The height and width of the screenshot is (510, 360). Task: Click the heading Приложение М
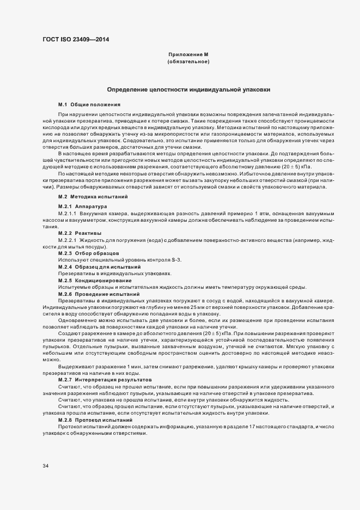(x=188, y=55)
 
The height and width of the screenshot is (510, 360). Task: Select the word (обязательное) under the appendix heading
(x=188, y=62)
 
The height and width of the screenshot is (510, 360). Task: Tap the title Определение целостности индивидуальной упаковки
(x=188, y=89)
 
